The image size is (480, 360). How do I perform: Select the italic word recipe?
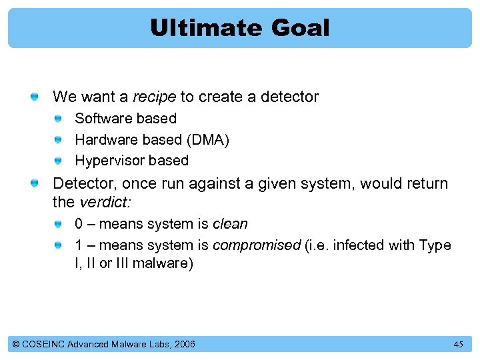point(154,97)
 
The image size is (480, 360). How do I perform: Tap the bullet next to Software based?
point(59,119)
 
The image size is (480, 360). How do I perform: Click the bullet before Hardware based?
point(59,140)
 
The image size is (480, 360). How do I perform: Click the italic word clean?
point(230,224)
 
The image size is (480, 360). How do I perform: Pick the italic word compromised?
point(257,245)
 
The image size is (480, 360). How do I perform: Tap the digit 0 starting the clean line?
point(79,224)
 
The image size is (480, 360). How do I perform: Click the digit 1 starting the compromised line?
point(79,245)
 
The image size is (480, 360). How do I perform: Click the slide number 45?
point(458,344)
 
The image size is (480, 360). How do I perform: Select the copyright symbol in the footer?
point(16,344)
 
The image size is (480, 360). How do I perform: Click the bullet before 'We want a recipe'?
point(34,98)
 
